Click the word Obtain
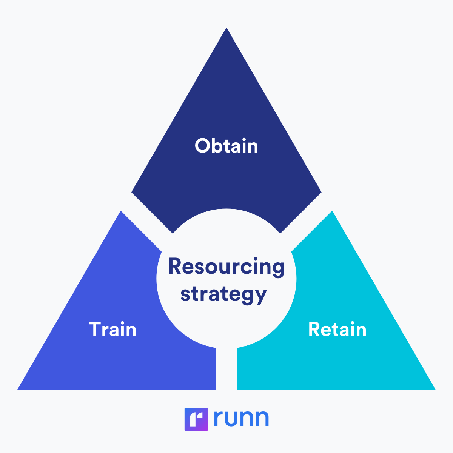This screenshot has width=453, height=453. [226, 146]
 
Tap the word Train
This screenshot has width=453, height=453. [112, 329]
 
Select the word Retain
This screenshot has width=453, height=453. [337, 329]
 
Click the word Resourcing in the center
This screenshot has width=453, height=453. [226, 267]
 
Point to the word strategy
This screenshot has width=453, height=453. [223, 294]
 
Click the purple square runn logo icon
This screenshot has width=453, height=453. [196, 419]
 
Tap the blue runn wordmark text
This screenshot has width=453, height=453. [241, 418]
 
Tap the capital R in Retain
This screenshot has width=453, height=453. [314, 329]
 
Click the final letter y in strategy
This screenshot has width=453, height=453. [260, 296]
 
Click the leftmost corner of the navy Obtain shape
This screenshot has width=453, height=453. [132, 193]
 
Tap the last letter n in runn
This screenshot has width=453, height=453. [261, 419]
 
